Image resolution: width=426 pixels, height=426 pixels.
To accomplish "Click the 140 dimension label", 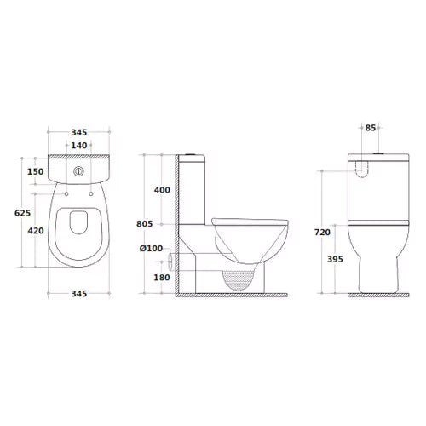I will coord(78,146).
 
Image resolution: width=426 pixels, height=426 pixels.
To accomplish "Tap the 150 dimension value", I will coord(36,172).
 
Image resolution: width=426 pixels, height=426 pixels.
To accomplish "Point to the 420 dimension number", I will coord(36,230).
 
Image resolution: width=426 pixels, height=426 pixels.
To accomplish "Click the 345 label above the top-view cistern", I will coord(78,133).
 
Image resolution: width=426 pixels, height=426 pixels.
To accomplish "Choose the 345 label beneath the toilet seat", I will coord(78,294).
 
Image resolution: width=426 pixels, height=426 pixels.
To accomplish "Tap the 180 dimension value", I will coord(160,277).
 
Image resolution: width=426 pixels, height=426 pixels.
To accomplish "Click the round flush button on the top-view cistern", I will coord(79,170).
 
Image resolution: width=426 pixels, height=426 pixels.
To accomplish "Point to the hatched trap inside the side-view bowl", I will coord(239,277).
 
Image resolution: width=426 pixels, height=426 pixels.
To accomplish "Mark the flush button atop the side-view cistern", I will coord(193,154).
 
